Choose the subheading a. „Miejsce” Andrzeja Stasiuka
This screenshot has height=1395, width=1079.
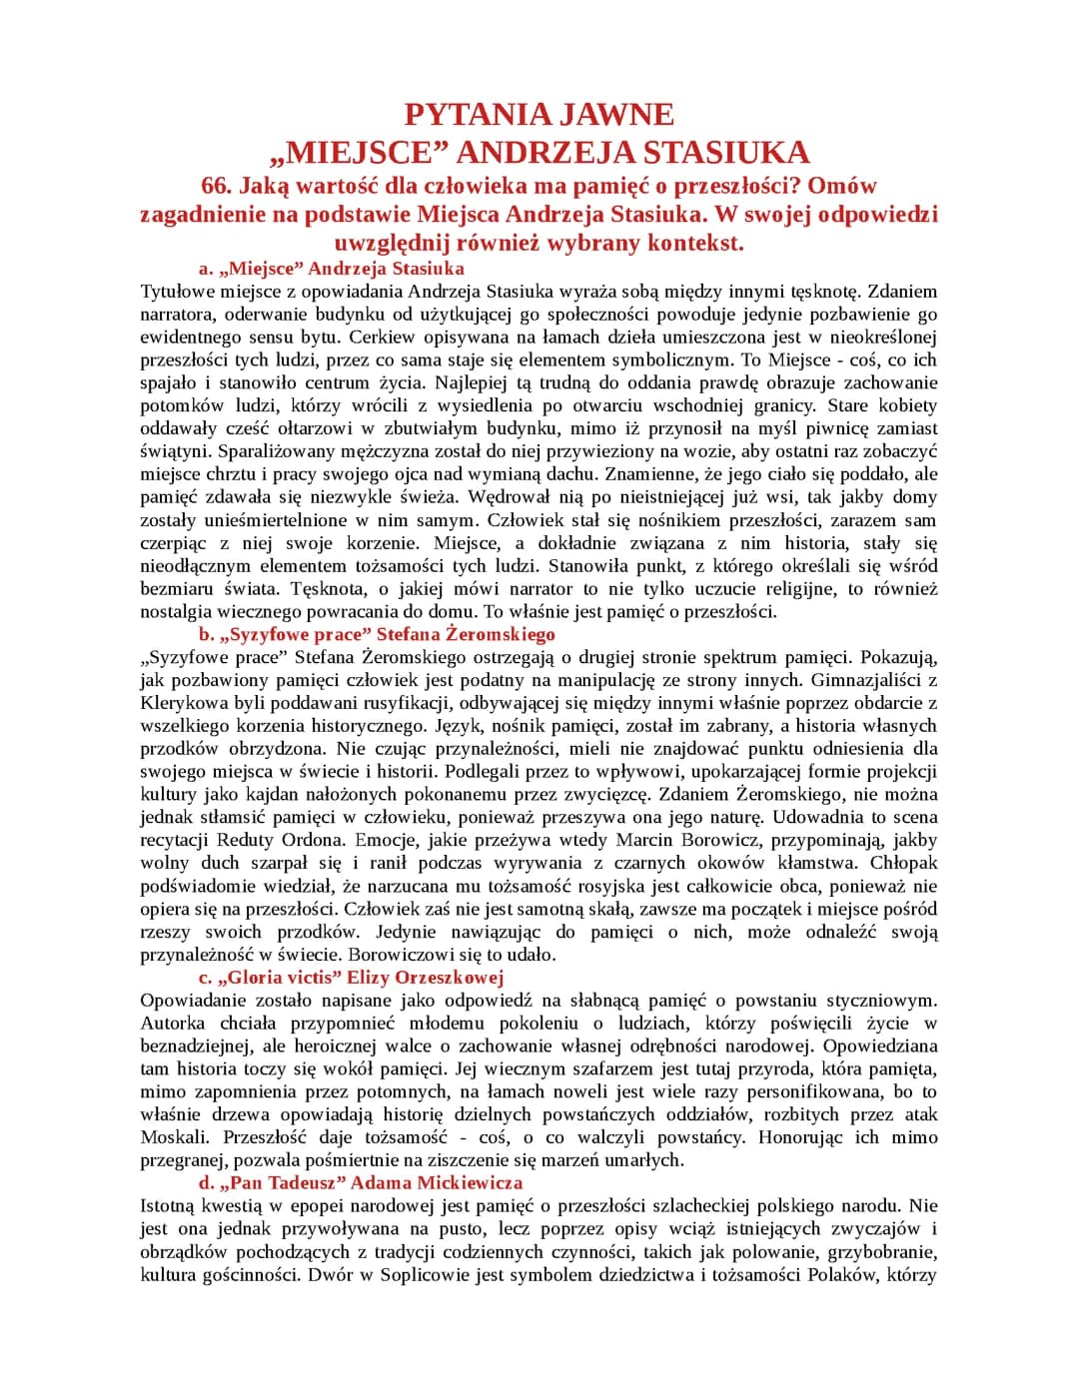point(332,269)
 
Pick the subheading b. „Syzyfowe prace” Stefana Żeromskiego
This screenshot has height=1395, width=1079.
point(377,635)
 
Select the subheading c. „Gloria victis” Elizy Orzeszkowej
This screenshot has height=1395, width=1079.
point(351,978)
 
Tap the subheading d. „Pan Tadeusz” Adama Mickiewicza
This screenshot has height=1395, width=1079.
point(361,1183)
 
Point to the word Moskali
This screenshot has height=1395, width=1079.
point(172,1138)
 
